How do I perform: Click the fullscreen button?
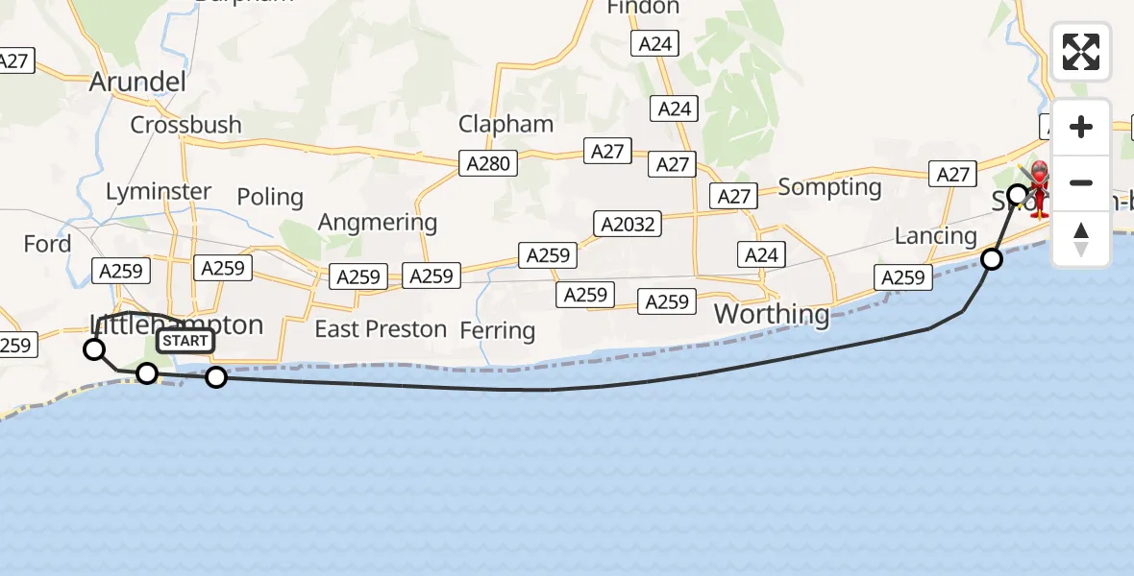tap(1081, 52)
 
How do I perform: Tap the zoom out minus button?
tap(1081, 182)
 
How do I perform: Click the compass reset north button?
tap(1081, 239)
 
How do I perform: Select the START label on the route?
tap(185, 341)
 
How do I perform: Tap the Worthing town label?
tap(771, 314)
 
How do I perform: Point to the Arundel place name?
tap(137, 82)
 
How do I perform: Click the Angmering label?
tap(378, 223)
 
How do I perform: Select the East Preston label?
tap(381, 329)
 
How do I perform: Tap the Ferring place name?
tap(497, 331)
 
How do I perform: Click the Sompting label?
tap(829, 187)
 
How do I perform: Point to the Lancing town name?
tap(935, 236)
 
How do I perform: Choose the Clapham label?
tap(505, 124)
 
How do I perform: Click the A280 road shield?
tap(488, 164)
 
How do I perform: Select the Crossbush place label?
tap(185, 125)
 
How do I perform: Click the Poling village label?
tap(270, 197)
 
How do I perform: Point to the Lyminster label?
tap(159, 191)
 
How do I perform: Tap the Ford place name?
tap(47, 244)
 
